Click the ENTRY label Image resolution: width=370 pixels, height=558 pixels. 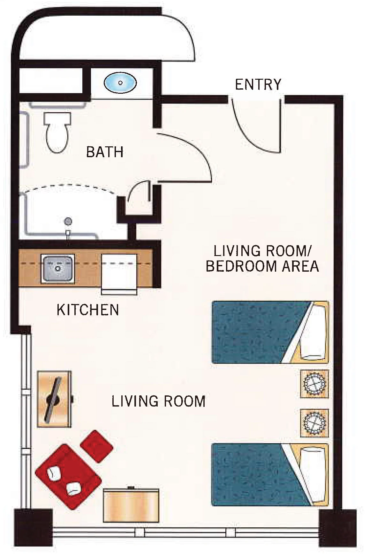[258, 84]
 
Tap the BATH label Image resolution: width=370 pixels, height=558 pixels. [105, 152]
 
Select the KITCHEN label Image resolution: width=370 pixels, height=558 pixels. [88, 310]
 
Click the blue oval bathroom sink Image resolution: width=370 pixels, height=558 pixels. [120, 83]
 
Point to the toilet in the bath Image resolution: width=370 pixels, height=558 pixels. [57, 132]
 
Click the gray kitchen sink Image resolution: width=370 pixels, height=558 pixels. [58, 269]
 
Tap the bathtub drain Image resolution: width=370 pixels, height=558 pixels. [68, 221]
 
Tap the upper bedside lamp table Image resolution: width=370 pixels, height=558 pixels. [315, 384]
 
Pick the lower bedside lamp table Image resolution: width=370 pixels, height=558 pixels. [315, 423]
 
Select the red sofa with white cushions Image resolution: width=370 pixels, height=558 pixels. [68, 472]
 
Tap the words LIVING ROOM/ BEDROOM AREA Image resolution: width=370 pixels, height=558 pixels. [262, 259]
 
